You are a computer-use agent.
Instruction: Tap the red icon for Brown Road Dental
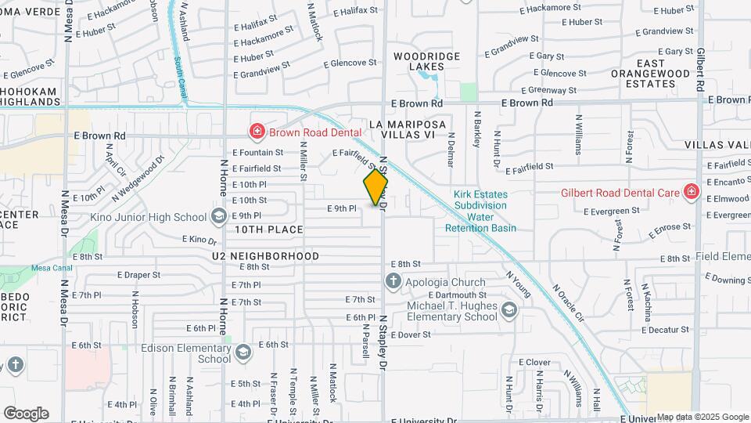(257, 132)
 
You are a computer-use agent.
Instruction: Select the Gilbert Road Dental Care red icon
(691, 192)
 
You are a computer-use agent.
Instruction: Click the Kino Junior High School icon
(218, 216)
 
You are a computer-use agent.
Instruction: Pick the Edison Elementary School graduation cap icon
(243, 352)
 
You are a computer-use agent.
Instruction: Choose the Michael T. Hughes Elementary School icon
(510, 310)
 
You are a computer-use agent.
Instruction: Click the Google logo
(25, 413)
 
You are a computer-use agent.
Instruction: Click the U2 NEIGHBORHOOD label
(265, 256)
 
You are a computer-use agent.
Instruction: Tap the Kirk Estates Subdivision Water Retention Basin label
(480, 211)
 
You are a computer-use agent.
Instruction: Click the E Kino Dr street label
(198, 239)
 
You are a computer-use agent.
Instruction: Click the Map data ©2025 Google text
(702, 417)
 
